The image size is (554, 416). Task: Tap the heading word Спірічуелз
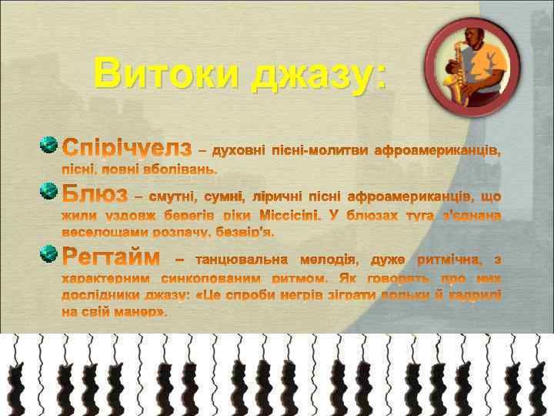[126, 146]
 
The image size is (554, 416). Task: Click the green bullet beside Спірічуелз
[48, 145]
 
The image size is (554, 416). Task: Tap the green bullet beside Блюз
[48, 190]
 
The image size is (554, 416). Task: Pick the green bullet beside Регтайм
[48, 253]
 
